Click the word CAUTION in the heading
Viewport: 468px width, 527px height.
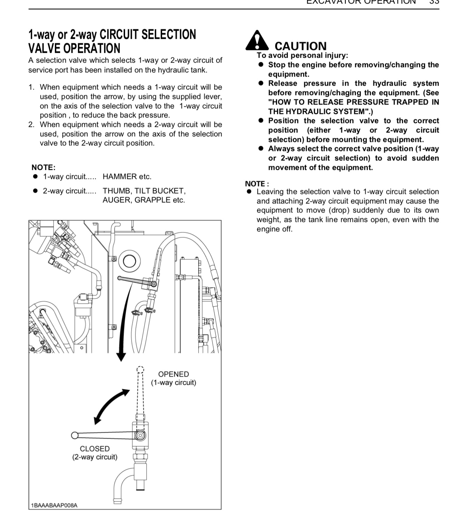pyautogui.click(x=300, y=46)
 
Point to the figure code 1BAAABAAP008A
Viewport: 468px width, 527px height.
pyautogui.click(x=54, y=505)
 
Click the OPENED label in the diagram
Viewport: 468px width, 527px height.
pyautogui.click(x=174, y=374)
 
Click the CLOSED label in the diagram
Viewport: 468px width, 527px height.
pyautogui.click(x=95, y=449)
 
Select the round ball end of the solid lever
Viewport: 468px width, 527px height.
pyautogui.click(x=75, y=435)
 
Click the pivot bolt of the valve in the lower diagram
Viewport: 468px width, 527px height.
pyautogui.click(x=140, y=435)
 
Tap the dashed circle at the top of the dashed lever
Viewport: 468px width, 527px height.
pyautogui.click(x=140, y=369)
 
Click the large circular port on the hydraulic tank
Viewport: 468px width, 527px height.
pyautogui.click(x=130, y=261)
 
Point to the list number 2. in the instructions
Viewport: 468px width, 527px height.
pyautogui.click(x=32, y=125)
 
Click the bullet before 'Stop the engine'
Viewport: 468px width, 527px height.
pyautogui.click(x=261, y=65)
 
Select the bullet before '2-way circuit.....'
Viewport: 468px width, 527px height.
pyautogui.click(x=35, y=191)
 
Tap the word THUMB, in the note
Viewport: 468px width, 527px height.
pyautogui.click(x=117, y=191)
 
